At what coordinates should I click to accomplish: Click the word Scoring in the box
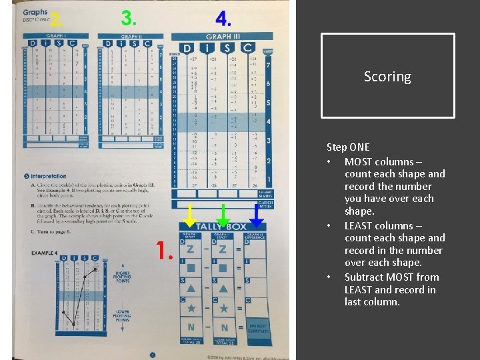coord(387,77)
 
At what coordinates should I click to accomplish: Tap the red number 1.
coord(165,251)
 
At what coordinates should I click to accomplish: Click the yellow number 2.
coord(57,19)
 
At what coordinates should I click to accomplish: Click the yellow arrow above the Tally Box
coord(190,215)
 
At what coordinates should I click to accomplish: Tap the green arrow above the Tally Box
coord(223,215)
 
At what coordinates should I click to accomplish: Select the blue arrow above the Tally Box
coord(257,215)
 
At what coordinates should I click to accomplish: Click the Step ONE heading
coord(347,147)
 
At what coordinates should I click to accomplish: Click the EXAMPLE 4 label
coord(44,253)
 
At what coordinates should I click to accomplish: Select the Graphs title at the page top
coord(35,11)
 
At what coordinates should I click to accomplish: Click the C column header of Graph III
coord(248,48)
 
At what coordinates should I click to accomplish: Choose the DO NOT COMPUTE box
coord(257,329)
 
